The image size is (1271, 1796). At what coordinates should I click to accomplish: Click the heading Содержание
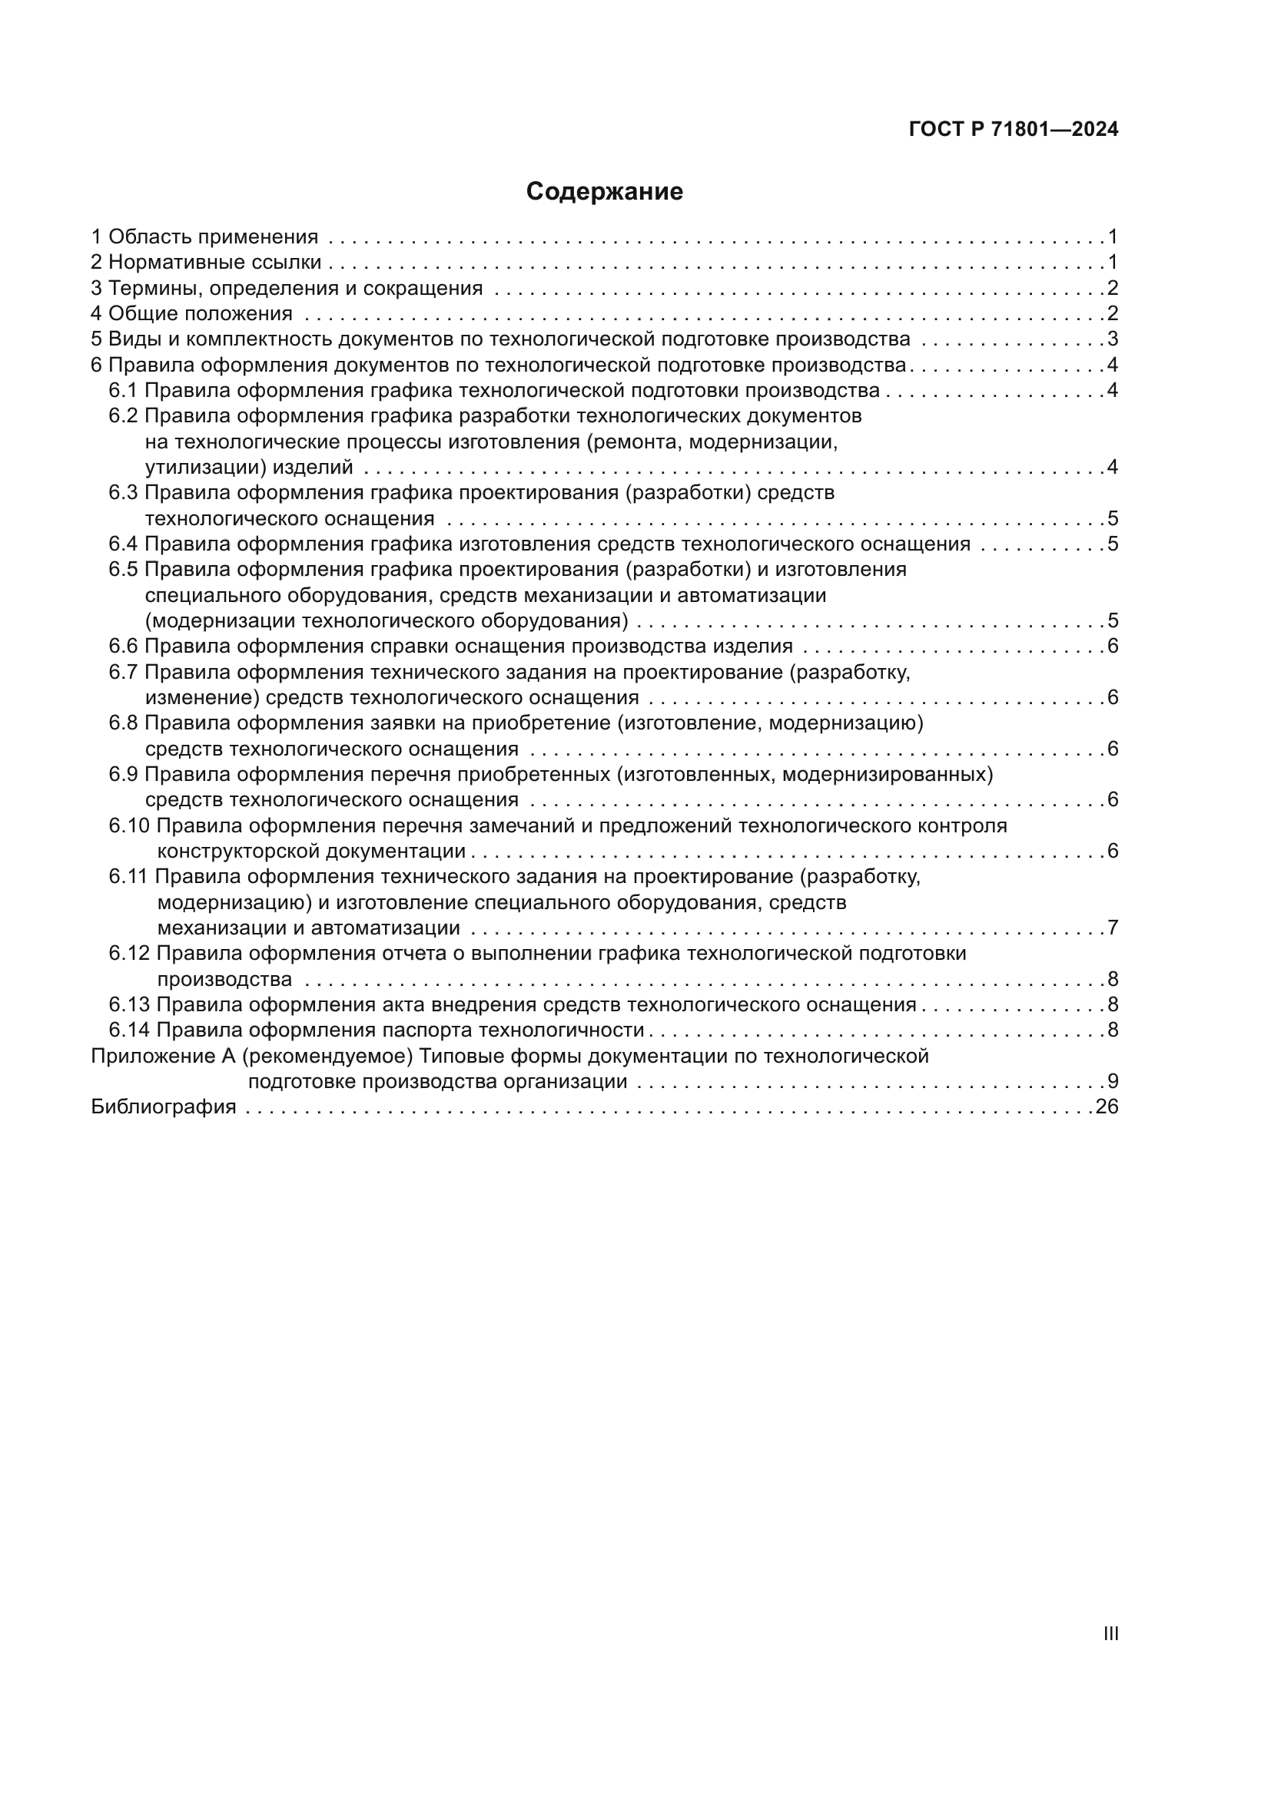click(x=604, y=192)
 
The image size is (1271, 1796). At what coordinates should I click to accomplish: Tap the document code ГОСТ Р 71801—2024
click(x=1014, y=130)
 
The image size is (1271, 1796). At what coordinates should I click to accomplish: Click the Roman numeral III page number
click(x=1110, y=1634)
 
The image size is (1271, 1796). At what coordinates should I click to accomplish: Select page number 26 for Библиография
click(x=1107, y=1107)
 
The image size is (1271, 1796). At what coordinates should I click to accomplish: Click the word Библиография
click(x=164, y=1107)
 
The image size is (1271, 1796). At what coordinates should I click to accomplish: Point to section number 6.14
click(x=129, y=1030)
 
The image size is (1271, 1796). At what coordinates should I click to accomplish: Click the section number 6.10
click(x=129, y=826)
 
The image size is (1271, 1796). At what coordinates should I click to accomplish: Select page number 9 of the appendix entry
click(x=1112, y=1082)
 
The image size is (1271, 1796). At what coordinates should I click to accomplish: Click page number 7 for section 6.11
click(x=1112, y=928)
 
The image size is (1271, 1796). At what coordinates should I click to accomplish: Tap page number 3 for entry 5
click(x=1112, y=339)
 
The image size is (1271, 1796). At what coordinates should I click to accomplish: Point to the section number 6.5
click(x=124, y=570)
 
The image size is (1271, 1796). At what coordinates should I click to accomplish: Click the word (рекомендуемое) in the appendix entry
click(x=327, y=1056)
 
